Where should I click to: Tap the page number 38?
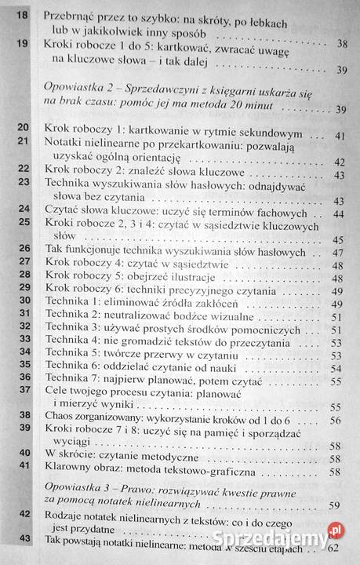pos(343,45)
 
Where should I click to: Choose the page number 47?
pos(338,255)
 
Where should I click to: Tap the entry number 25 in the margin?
pos(22,222)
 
